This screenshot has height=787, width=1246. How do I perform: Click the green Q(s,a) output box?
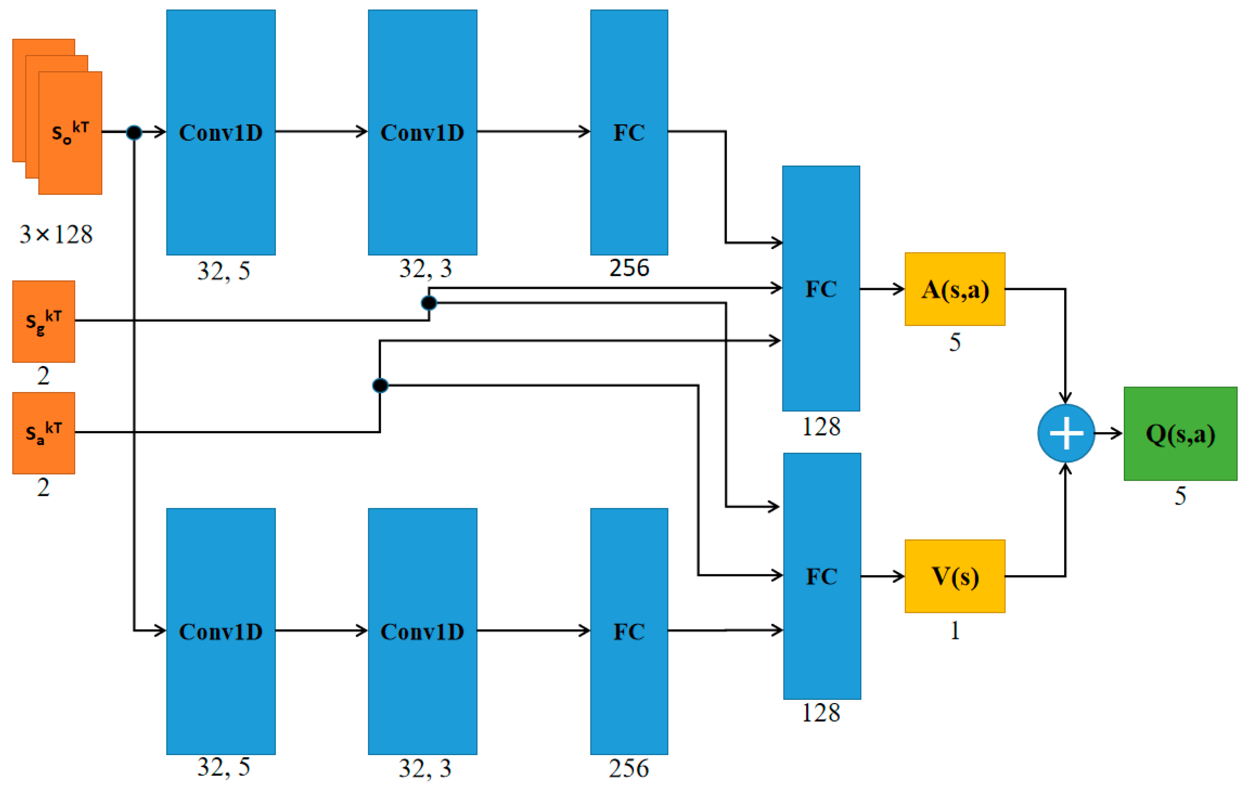[1180, 434]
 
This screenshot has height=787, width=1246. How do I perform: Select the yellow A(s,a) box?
[955, 289]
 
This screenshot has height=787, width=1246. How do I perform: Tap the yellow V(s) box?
[955, 577]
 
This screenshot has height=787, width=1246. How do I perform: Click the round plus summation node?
[1066, 434]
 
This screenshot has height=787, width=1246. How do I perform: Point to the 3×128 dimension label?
[56, 234]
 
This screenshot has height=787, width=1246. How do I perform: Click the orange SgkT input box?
[43, 321]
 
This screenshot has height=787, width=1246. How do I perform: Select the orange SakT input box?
[43, 433]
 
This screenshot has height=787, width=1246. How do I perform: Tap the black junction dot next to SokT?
[134, 133]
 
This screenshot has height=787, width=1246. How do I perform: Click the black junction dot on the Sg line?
[429, 303]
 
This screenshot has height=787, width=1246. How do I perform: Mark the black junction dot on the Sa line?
[380, 385]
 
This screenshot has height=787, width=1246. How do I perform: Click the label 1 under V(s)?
[955, 631]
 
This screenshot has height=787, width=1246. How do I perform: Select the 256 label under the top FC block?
[629, 268]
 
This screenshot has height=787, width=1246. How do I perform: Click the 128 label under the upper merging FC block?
[821, 427]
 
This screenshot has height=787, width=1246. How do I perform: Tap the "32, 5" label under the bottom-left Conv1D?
[223, 767]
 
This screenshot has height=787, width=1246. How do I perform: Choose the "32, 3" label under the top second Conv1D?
[425, 268]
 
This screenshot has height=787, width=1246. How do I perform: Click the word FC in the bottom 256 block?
[629, 632]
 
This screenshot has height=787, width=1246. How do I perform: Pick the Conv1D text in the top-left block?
[220, 133]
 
